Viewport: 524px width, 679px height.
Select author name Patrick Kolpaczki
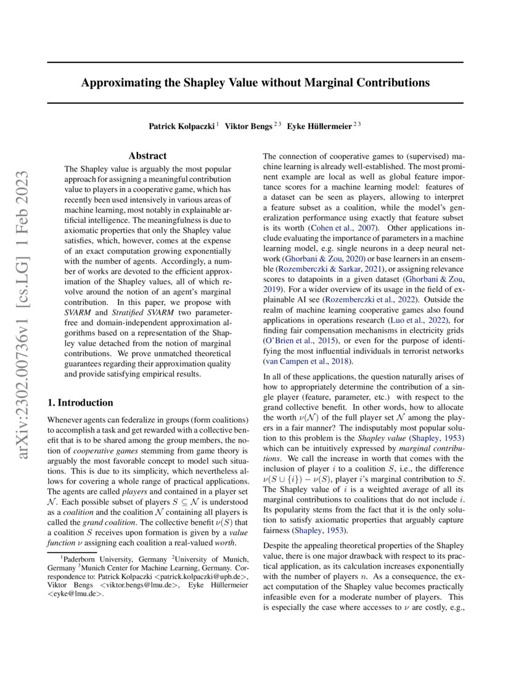[x=182, y=126]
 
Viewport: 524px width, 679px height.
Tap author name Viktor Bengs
[x=248, y=126]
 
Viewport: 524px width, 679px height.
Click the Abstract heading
[x=149, y=157]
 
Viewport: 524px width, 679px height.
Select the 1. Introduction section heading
[x=80, y=403]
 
